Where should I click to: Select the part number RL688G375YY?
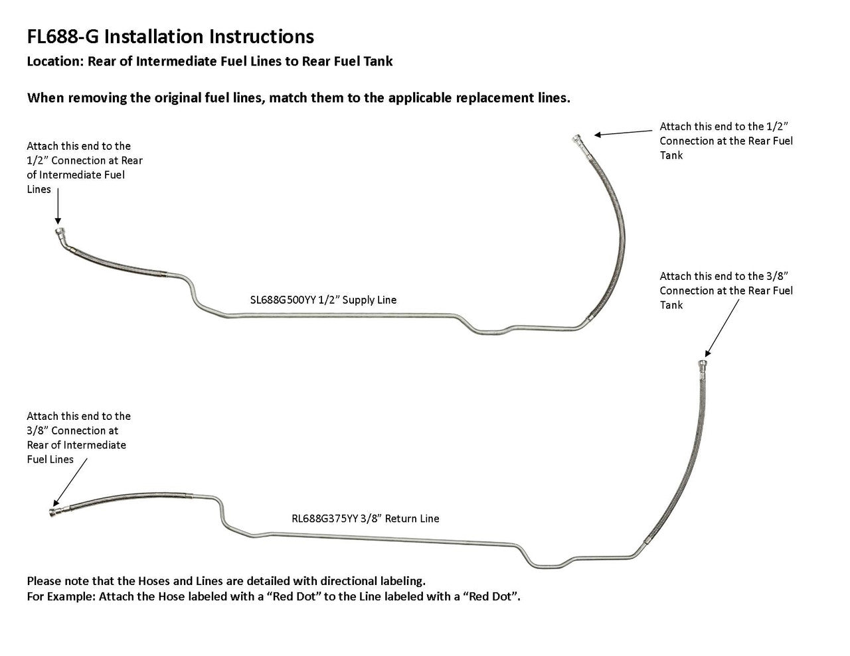[324, 519]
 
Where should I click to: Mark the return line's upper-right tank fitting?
[702, 364]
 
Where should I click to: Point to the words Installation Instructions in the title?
[209, 36]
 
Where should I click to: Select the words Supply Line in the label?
[368, 300]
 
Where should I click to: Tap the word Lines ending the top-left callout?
[39, 189]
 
